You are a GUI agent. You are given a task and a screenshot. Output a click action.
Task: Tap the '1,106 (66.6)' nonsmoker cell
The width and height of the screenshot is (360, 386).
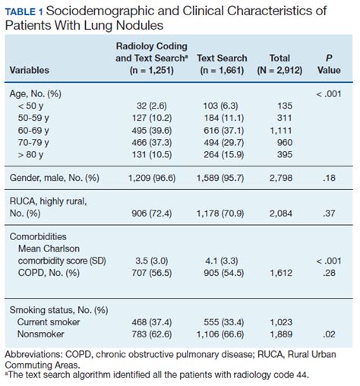[222, 338]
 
